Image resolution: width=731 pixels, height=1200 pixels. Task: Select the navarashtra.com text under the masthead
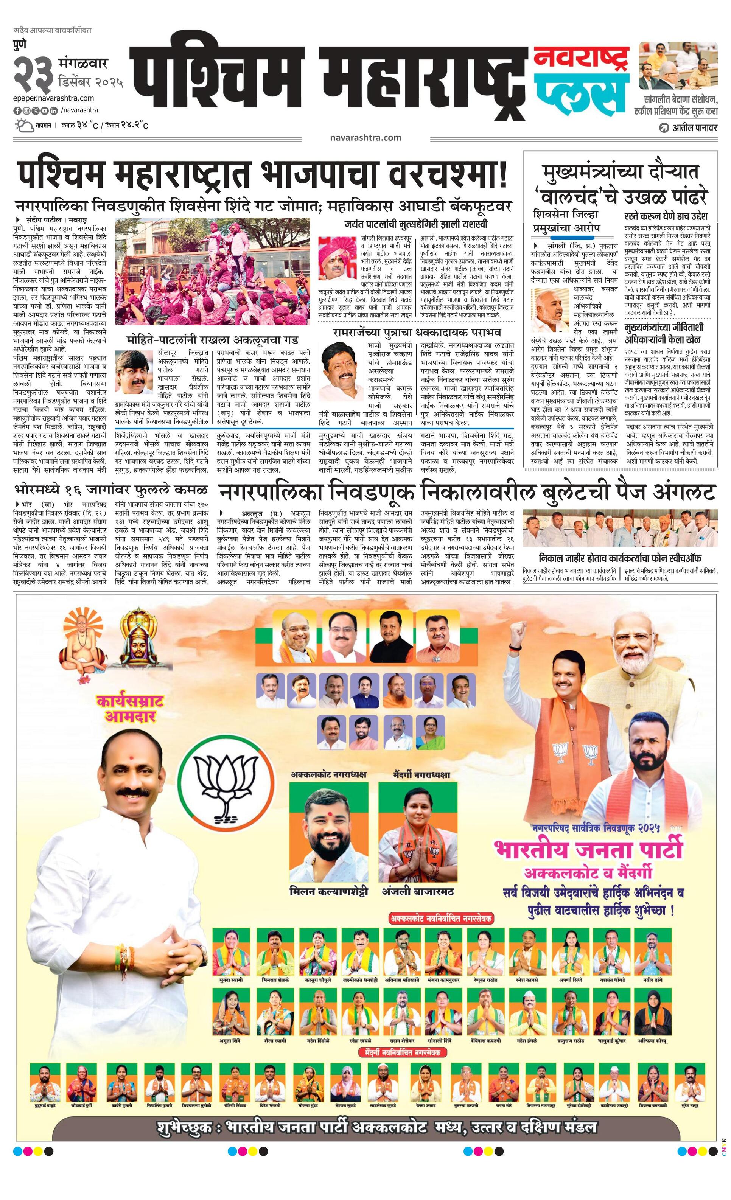(365, 138)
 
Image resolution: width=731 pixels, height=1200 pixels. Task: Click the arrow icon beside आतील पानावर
(663, 129)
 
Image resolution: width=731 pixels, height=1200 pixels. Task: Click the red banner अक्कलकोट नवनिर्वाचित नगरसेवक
(441, 919)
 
